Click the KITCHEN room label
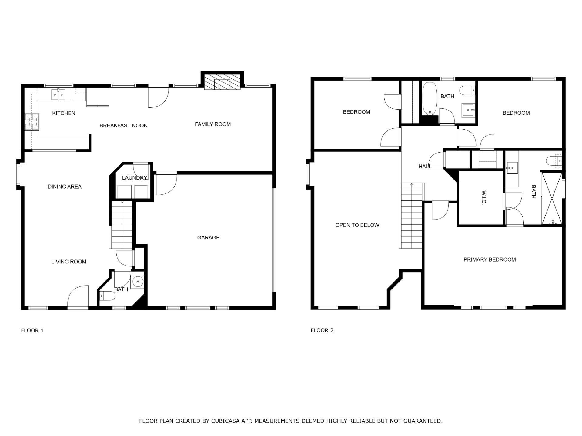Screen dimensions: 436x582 pyautogui.click(x=64, y=113)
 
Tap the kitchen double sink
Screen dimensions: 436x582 pyautogui.click(x=58, y=95)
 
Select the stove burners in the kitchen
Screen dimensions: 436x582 pyautogui.click(x=32, y=122)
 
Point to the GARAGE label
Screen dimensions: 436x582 pyautogui.click(x=208, y=238)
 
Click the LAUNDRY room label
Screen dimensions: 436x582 pyautogui.click(x=134, y=178)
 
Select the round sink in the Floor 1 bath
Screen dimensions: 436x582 pyautogui.click(x=138, y=282)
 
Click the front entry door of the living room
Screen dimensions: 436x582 pyautogui.click(x=78, y=297)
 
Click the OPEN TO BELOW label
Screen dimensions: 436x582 pyautogui.click(x=357, y=225)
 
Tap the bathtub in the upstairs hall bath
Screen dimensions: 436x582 pyautogui.click(x=430, y=98)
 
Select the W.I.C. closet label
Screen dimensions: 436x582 pyautogui.click(x=483, y=197)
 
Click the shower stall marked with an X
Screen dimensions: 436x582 pyautogui.click(x=552, y=198)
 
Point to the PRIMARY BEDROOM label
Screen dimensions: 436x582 pyautogui.click(x=489, y=259)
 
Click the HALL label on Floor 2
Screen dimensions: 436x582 pyautogui.click(x=425, y=167)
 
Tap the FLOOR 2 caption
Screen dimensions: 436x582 pyautogui.click(x=322, y=330)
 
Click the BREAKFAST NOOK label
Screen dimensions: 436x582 pyautogui.click(x=123, y=125)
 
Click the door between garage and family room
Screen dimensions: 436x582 pyautogui.click(x=166, y=183)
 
